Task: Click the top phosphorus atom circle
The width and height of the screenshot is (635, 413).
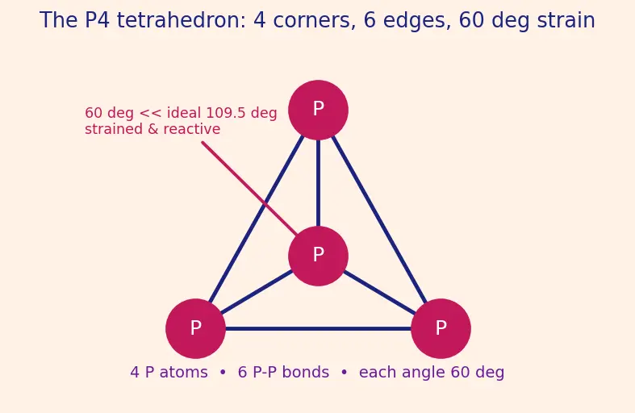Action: (x=319, y=111)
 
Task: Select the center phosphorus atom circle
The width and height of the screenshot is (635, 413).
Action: (x=319, y=256)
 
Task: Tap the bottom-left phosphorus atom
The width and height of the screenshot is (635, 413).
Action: (x=195, y=328)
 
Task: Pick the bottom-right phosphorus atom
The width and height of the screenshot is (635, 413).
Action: (x=441, y=328)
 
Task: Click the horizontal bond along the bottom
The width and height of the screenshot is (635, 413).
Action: (x=319, y=329)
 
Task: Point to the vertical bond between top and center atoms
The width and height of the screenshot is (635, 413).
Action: (x=319, y=183)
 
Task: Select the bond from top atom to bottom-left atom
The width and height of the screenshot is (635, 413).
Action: (x=257, y=219)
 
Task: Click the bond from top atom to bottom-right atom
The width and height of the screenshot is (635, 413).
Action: (x=379, y=219)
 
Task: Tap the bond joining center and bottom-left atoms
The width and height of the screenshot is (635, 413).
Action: (x=257, y=292)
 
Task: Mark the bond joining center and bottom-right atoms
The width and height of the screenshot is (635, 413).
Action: (x=379, y=292)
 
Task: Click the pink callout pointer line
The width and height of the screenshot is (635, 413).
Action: (x=250, y=188)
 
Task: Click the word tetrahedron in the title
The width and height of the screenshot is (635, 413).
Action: (x=182, y=20)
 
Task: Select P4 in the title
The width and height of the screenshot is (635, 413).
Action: (x=97, y=20)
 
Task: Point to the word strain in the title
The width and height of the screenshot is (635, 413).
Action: (x=566, y=20)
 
